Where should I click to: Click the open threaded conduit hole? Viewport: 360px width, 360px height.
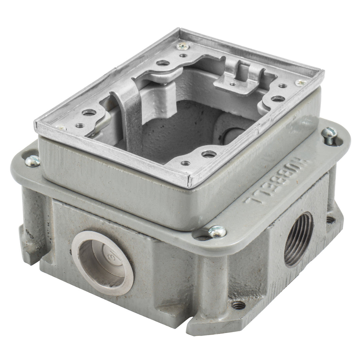click(x=298, y=239)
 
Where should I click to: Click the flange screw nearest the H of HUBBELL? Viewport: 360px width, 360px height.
click(x=329, y=134)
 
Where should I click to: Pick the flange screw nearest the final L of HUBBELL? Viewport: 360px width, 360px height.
click(x=217, y=231)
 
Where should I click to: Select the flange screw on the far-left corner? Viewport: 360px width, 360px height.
click(x=33, y=161)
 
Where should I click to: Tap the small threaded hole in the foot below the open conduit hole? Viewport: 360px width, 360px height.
click(x=238, y=305)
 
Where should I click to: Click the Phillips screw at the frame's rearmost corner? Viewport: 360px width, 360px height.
click(x=182, y=46)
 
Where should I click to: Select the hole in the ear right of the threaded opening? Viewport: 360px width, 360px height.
click(x=330, y=220)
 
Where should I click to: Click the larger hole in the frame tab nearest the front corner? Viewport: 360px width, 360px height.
click(x=209, y=154)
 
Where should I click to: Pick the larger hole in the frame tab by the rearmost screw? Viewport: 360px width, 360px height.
click(x=163, y=62)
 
